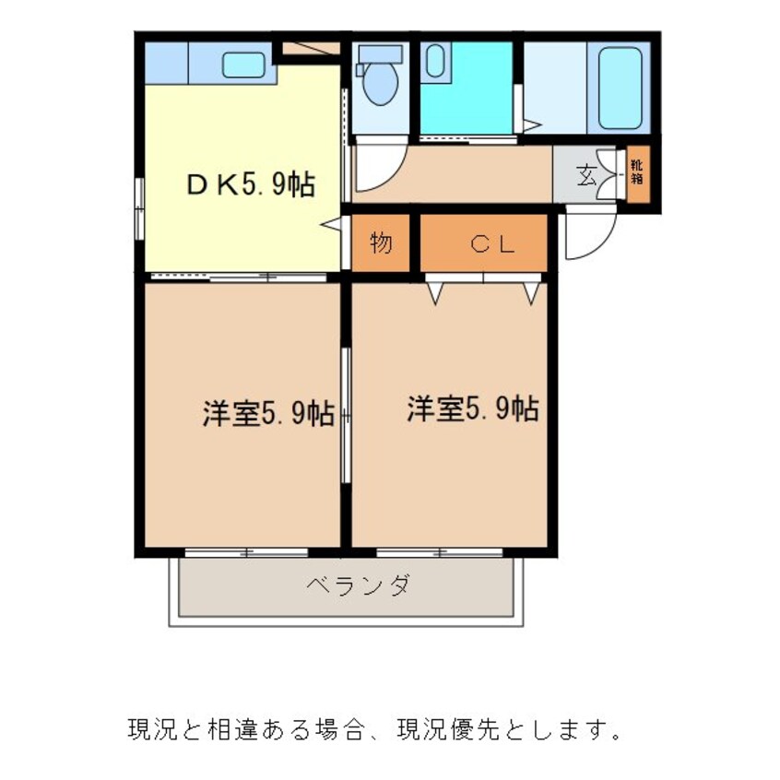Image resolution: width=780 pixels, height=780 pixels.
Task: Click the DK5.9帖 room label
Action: (252, 185)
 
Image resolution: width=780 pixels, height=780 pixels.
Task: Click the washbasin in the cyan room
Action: (435, 62)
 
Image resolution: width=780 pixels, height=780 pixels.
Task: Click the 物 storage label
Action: (382, 243)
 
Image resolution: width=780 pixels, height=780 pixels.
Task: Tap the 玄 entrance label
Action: (586, 174)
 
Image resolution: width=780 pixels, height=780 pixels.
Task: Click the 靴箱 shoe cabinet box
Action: (637, 172)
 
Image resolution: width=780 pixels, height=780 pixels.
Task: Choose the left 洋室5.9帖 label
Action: (268, 413)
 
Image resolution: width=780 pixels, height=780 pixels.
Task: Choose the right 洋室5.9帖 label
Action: (473, 408)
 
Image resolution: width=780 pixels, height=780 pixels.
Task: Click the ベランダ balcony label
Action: (357, 585)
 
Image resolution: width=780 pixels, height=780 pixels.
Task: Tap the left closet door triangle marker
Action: (435, 292)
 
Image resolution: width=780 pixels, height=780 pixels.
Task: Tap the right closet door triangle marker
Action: (531, 292)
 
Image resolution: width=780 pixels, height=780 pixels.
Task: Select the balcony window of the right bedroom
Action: (440, 552)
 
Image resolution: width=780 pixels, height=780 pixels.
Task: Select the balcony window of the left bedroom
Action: (246, 552)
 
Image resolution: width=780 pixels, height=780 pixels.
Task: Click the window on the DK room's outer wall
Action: (139, 207)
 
